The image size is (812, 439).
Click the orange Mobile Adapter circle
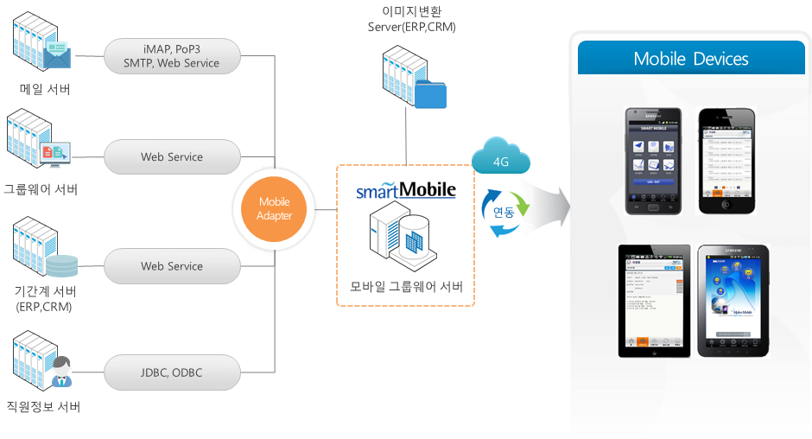[275, 209]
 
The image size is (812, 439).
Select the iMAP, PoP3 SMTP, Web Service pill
[172, 54]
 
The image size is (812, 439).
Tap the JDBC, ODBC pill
[172, 372]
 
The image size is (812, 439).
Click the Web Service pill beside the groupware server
[172, 157]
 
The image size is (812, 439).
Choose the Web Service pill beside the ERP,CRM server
[172, 266]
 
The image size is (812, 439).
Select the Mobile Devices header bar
[690, 59]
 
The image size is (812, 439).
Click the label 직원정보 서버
[42, 406]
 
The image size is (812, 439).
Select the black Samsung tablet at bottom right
[733, 301]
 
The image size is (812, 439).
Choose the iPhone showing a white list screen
[726, 160]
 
